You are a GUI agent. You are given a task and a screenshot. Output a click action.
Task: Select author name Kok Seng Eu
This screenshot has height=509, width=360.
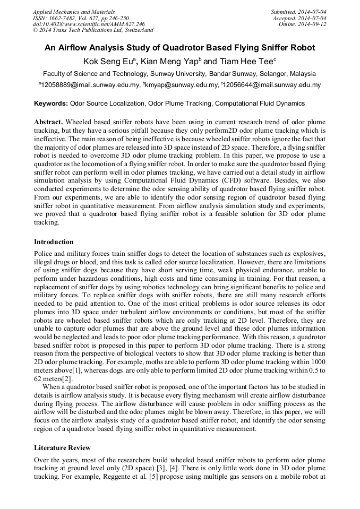pyautogui.click(x=108, y=61)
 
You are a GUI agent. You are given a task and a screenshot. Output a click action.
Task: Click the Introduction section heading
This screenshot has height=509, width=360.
pyautogui.click(x=54, y=242)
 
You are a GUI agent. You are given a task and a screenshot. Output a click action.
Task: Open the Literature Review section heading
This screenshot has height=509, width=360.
pyautogui.click(x=62, y=447)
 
